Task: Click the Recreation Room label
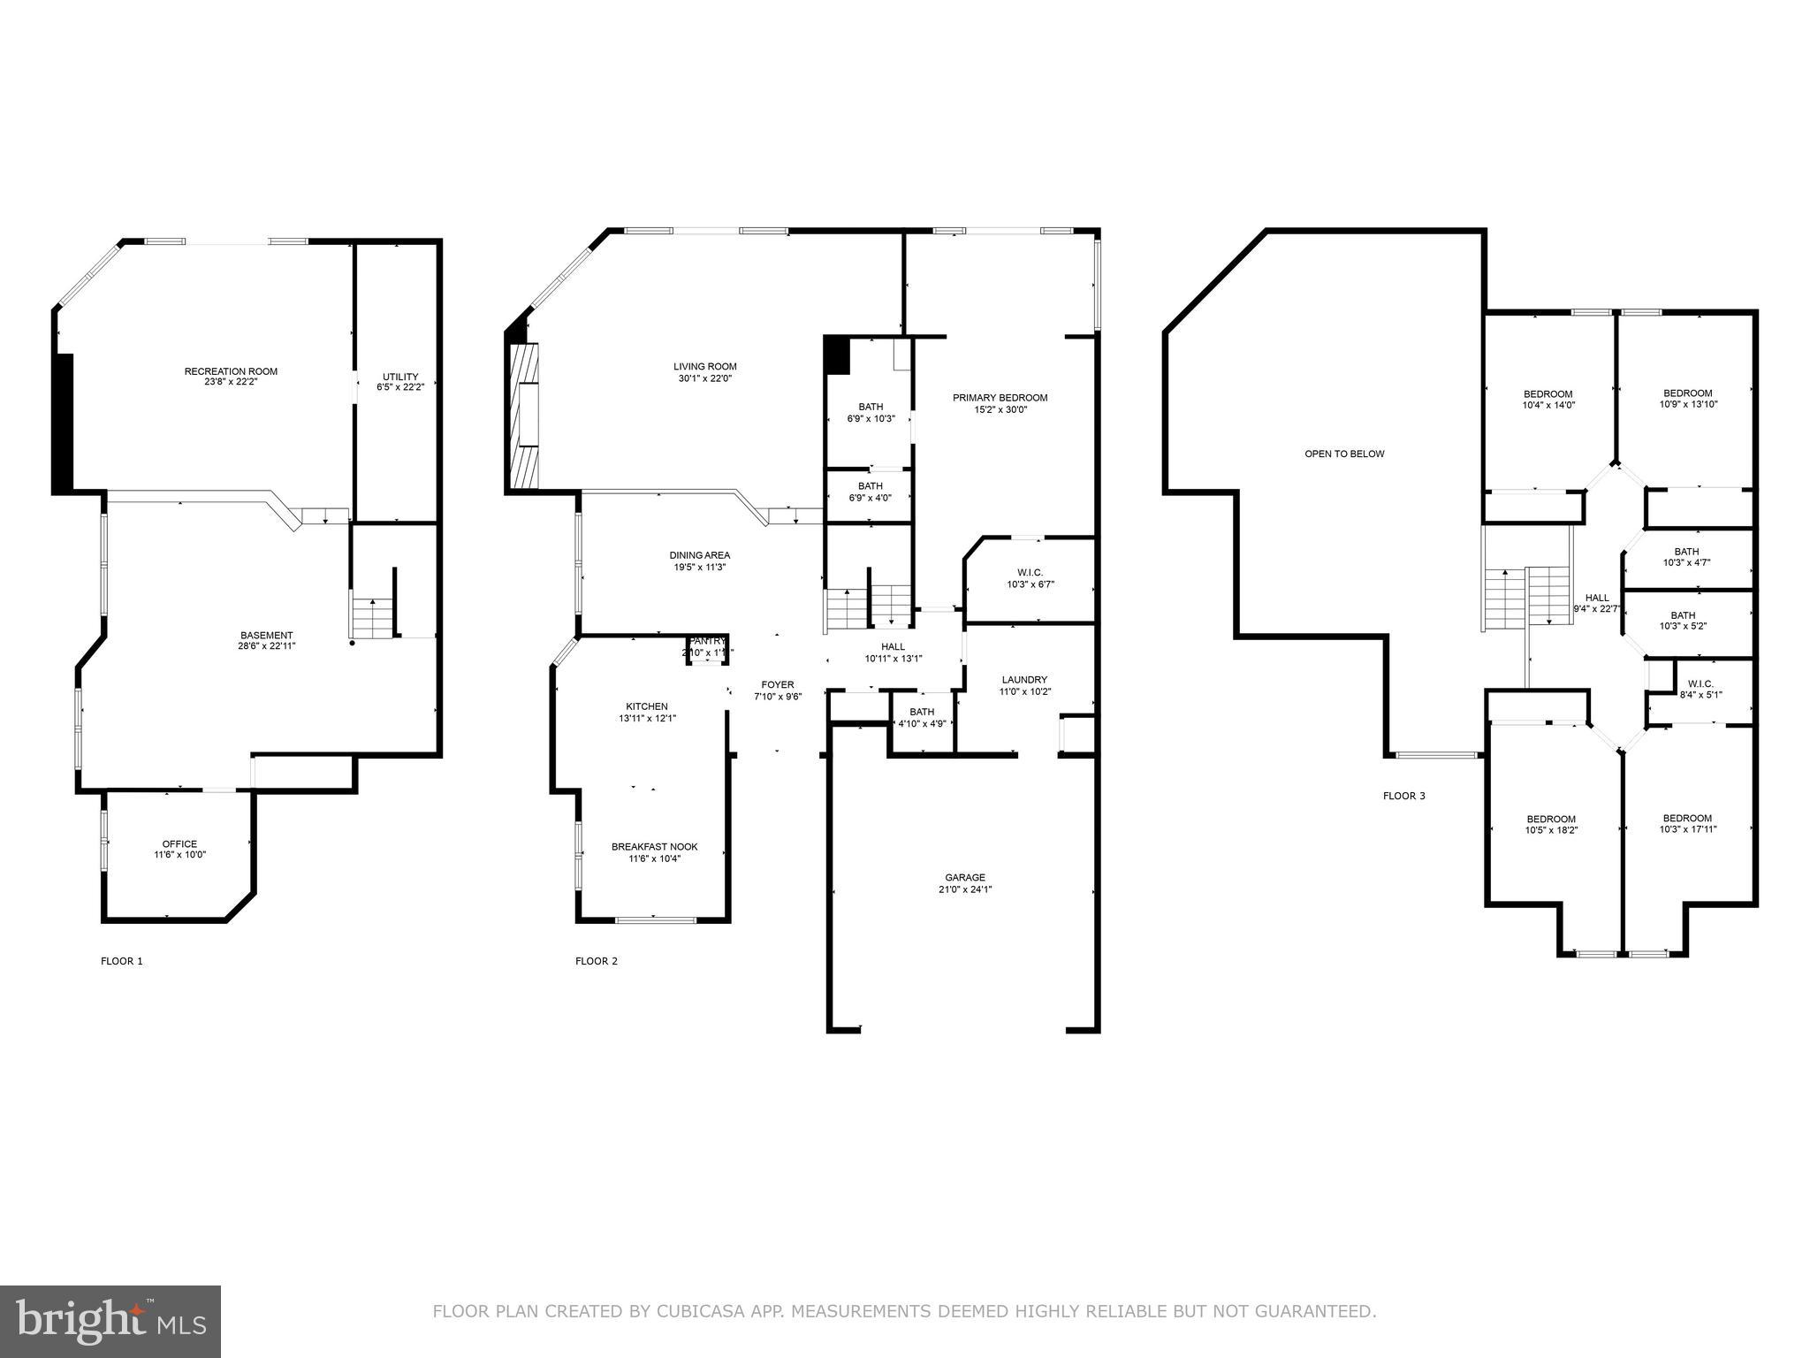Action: [231, 371]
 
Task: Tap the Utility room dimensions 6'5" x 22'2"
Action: [399, 387]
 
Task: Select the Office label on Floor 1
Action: [179, 843]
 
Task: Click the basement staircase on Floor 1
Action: [372, 617]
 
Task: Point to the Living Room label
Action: [704, 366]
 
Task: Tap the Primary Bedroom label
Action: [1000, 398]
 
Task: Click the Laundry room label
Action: [1024, 680]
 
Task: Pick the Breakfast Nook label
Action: [654, 847]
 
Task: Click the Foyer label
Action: [778, 684]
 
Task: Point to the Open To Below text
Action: [1344, 454]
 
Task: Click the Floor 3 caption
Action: [1403, 796]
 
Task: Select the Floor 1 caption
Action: [122, 961]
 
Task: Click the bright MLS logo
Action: [110, 1321]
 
